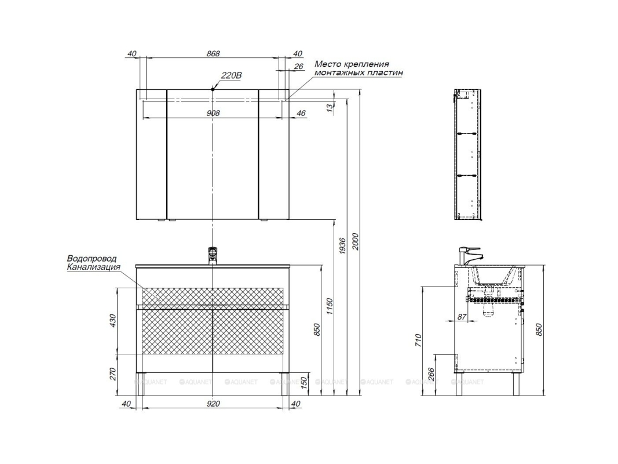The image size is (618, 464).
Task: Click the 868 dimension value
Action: point(213,53)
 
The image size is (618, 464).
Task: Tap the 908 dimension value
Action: point(213,113)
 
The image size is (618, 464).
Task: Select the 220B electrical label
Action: point(231,75)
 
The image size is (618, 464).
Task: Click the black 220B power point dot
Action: point(213,89)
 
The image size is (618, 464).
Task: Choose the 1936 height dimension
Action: point(342,246)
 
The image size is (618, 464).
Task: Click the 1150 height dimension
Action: point(330,306)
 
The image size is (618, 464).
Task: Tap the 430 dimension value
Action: point(113,320)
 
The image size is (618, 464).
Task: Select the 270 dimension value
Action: point(113,374)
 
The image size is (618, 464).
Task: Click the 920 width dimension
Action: point(213,404)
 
